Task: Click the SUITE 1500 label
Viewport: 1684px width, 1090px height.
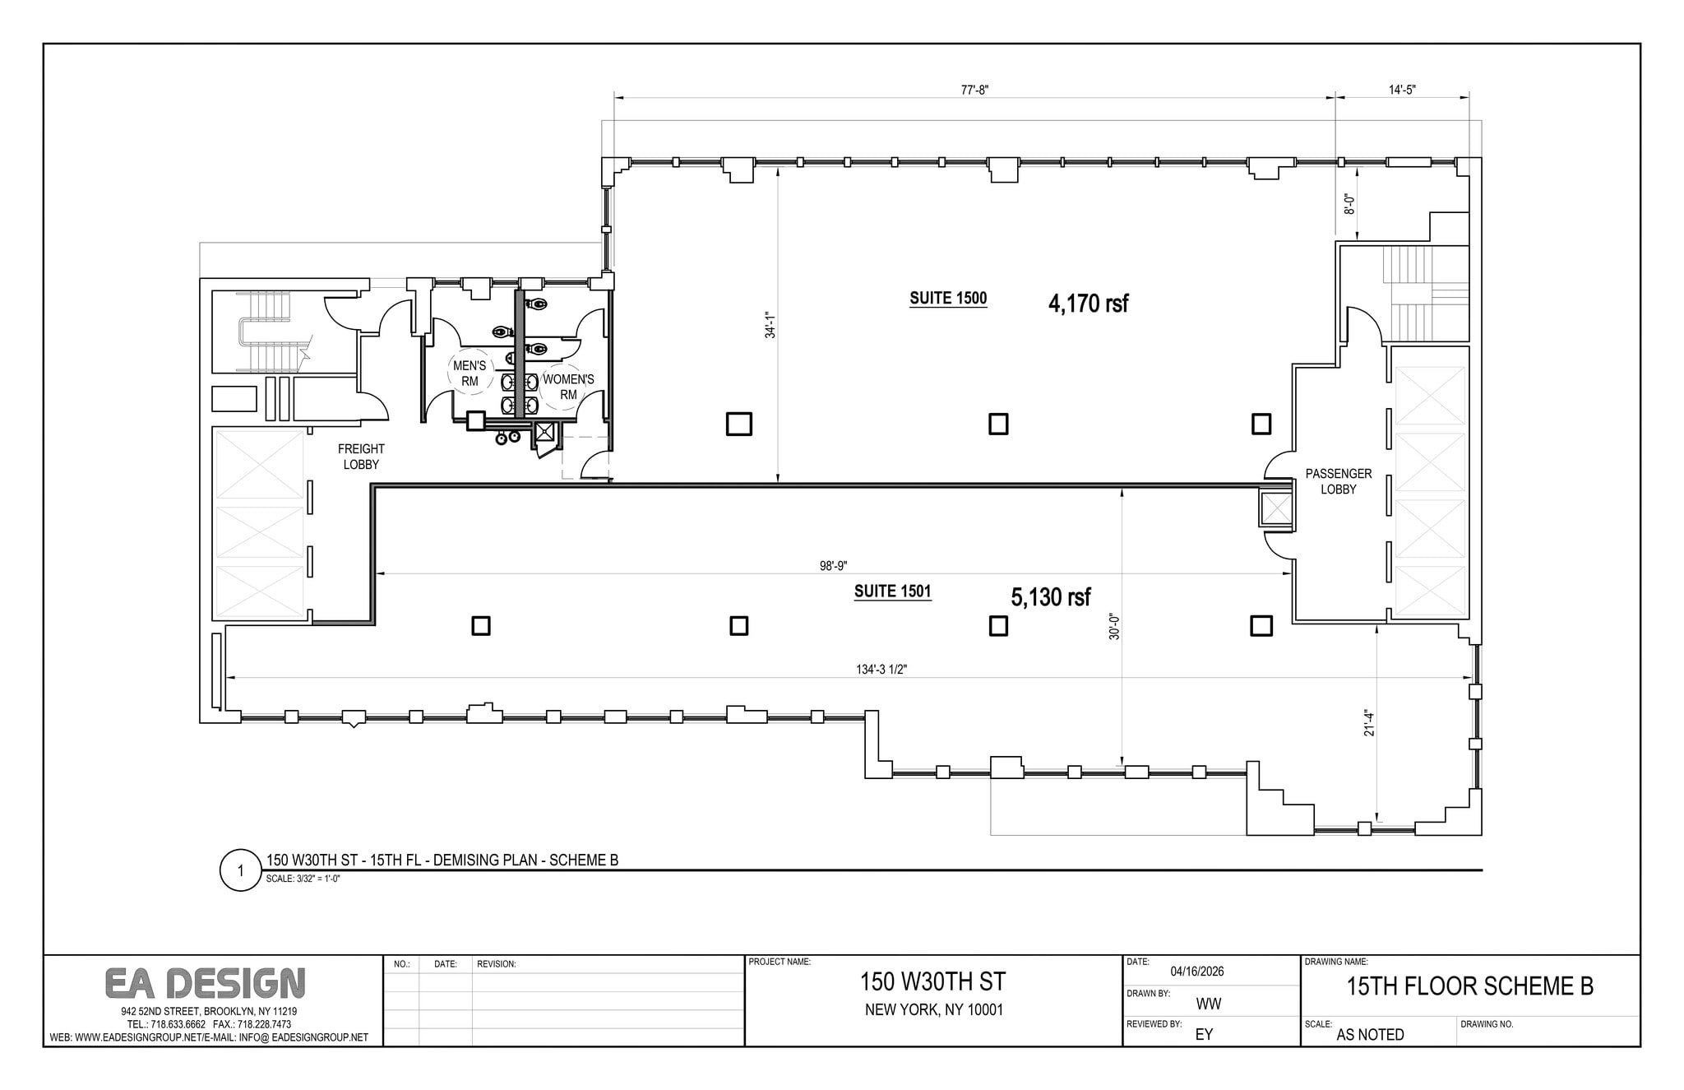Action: point(947,299)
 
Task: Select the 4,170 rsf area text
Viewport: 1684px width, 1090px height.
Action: point(1088,304)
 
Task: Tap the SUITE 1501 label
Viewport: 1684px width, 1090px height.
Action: point(892,591)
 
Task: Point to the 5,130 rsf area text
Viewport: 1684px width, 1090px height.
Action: point(1051,597)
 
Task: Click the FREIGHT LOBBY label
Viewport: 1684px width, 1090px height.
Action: point(361,457)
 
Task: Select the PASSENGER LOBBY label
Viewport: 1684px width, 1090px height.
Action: point(1338,481)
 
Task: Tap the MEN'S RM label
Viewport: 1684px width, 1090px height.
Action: point(470,373)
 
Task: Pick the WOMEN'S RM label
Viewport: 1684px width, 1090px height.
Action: point(568,387)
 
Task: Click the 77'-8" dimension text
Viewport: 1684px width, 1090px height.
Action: point(974,90)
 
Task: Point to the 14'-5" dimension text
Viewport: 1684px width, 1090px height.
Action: point(1402,90)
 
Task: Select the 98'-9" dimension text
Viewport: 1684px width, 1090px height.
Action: point(833,566)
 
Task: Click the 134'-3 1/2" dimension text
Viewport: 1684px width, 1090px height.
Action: point(881,670)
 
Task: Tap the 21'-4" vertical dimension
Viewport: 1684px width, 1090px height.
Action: point(1369,722)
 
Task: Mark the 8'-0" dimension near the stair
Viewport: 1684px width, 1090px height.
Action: point(1349,204)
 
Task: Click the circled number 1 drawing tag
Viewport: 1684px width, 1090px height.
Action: point(240,871)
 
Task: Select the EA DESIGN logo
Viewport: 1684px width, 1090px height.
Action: point(205,983)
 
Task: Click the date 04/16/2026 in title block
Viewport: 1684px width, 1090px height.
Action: point(1197,972)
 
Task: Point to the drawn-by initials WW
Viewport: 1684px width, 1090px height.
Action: point(1208,1004)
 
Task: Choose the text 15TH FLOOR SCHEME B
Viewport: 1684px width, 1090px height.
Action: point(1469,986)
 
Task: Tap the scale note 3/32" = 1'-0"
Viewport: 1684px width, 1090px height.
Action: point(303,879)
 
